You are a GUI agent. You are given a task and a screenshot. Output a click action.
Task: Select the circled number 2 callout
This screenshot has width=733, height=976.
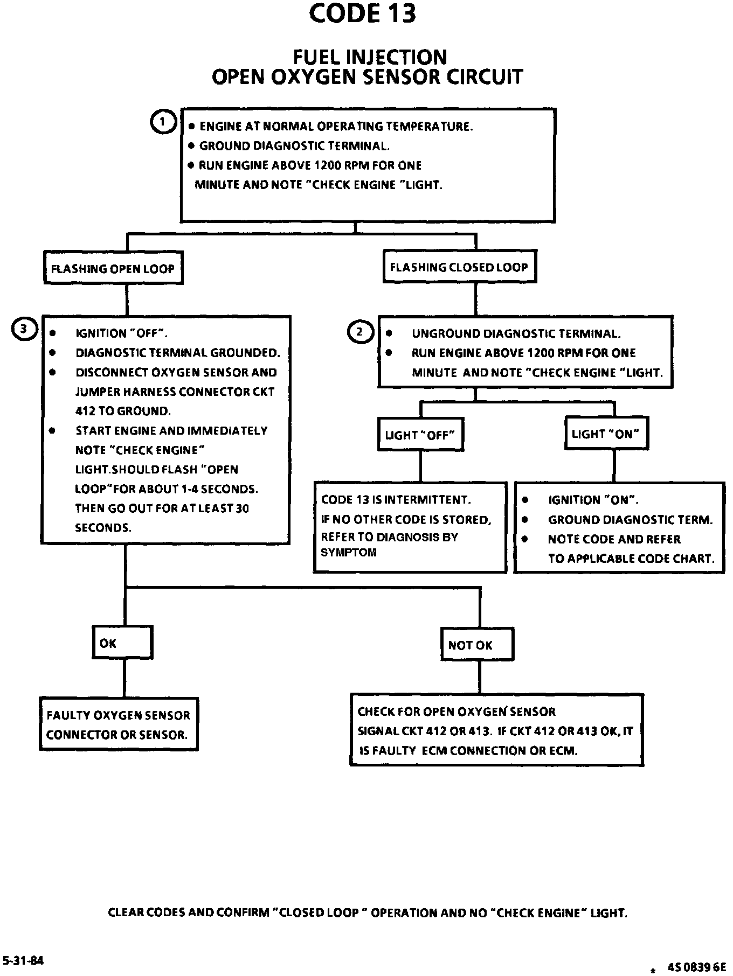(360, 332)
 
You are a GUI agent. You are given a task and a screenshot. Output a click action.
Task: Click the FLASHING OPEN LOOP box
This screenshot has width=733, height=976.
(113, 268)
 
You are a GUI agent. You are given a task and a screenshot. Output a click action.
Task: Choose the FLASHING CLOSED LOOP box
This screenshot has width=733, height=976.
(460, 266)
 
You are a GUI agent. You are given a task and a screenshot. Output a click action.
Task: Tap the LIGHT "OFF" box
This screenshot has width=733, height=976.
(421, 434)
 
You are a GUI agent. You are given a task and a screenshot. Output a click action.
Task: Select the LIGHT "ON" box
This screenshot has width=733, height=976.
(606, 433)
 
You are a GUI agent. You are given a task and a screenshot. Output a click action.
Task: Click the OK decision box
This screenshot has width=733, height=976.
(122, 642)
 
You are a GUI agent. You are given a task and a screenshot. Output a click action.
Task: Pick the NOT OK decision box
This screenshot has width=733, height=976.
(477, 644)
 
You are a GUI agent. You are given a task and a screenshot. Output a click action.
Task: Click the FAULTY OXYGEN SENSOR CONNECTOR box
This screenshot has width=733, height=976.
(119, 724)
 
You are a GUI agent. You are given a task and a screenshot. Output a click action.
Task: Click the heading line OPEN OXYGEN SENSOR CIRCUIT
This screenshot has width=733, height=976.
(367, 76)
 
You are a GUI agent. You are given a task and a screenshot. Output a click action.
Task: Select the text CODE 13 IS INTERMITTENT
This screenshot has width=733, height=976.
(396, 500)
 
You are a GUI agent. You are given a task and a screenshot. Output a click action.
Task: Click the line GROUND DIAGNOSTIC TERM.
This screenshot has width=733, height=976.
(630, 520)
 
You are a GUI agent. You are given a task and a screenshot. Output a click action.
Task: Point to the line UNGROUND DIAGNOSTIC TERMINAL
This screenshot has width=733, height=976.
(516, 333)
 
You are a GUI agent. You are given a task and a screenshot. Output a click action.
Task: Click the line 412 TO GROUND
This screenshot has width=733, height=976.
(123, 412)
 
